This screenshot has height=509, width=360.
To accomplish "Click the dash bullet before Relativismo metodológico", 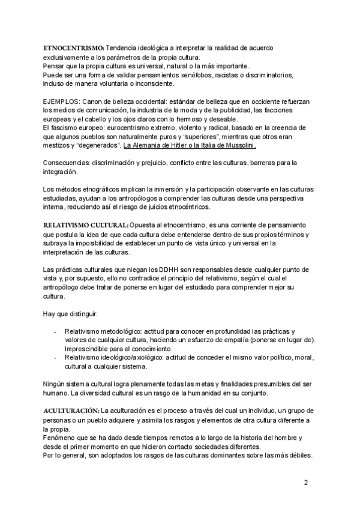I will coord(56,331).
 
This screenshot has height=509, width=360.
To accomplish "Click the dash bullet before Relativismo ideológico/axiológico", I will coord(56,358).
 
